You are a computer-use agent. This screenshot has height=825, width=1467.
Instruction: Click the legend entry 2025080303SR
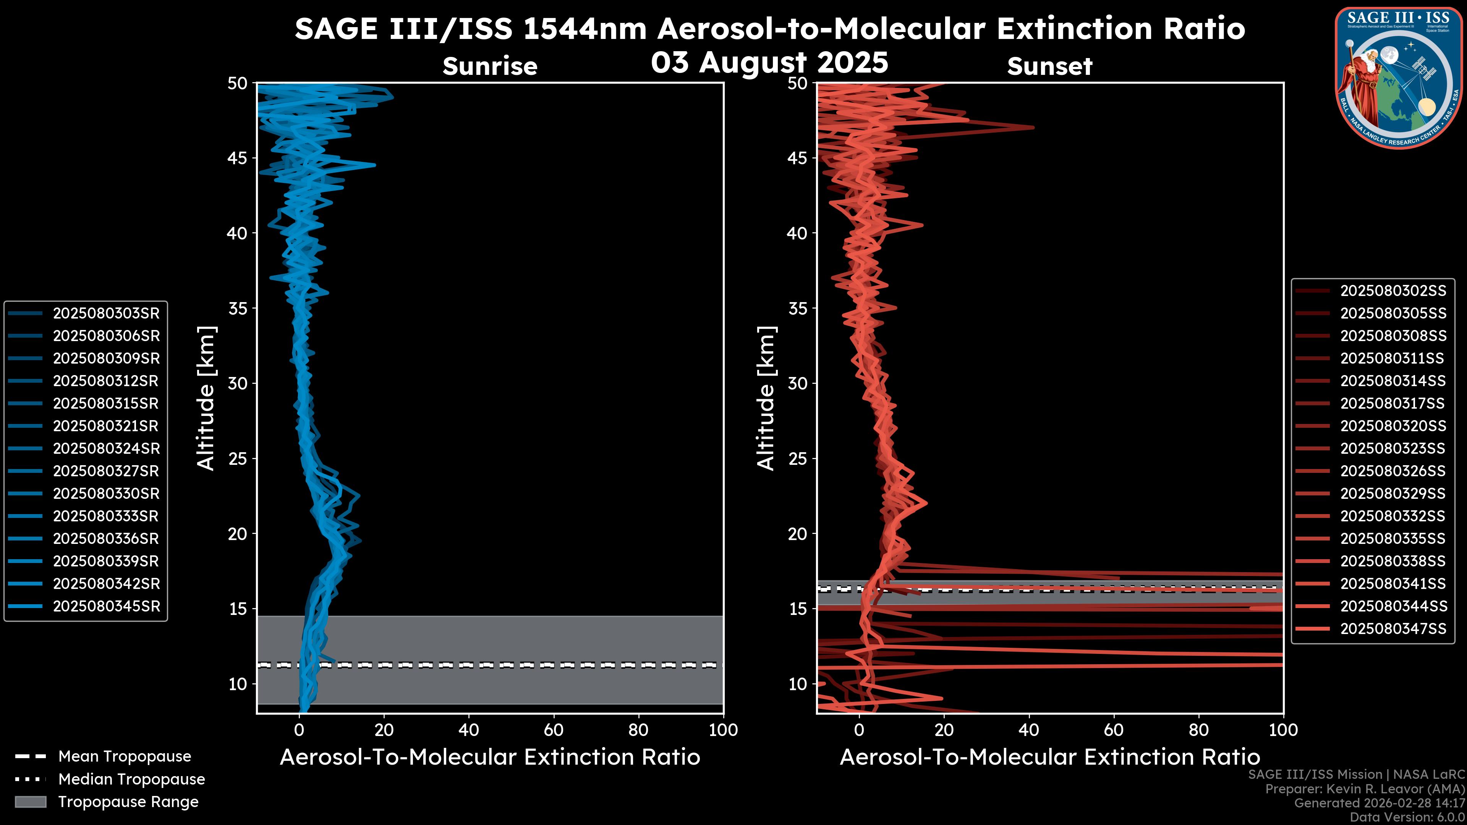pos(106,313)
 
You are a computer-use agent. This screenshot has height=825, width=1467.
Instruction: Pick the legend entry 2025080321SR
pos(106,426)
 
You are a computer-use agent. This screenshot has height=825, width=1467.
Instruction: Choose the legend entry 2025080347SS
pos(1393,629)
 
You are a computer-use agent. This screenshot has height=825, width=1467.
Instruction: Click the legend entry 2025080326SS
pos(1393,471)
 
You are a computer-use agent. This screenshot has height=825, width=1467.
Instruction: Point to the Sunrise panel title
pos(490,66)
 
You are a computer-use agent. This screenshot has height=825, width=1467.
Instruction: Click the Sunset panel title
pos(1049,66)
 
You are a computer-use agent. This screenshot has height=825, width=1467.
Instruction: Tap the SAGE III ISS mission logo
pos(1399,77)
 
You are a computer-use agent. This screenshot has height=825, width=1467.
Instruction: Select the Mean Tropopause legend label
pos(125,756)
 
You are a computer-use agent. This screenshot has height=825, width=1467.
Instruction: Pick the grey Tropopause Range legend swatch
pos(30,802)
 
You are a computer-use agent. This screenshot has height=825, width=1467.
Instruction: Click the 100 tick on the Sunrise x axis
pos(723,730)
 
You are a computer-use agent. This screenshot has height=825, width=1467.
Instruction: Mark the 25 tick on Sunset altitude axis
pos(798,458)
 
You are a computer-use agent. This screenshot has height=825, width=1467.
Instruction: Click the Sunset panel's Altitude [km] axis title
pos(766,398)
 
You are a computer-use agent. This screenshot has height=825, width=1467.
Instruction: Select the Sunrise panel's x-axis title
pos(490,757)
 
